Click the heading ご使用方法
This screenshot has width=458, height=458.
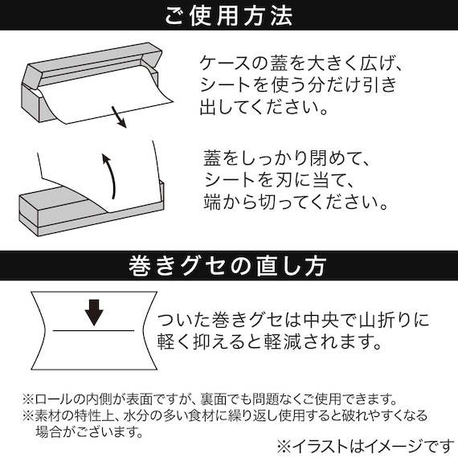[229, 15]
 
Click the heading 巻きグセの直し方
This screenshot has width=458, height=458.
[227, 266]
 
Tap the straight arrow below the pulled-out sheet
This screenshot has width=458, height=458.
[119, 117]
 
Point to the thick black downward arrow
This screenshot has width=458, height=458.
[94, 313]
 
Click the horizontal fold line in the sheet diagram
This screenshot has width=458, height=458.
[93, 331]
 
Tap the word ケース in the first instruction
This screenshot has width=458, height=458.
[225, 63]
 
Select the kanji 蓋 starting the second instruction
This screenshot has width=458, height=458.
[213, 158]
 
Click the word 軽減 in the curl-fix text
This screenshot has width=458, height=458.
[282, 341]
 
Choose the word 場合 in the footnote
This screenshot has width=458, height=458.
[49, 431]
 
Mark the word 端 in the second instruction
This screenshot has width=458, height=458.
[212, 202]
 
